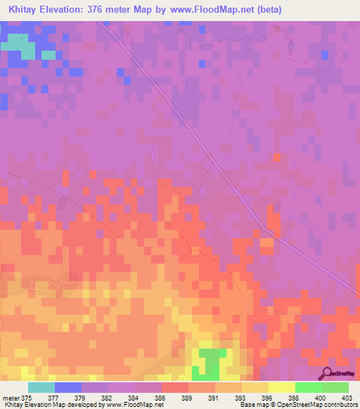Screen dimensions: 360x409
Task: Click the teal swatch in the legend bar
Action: [x=41, y=387]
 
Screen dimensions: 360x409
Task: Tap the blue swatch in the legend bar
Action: [x=68, y=387]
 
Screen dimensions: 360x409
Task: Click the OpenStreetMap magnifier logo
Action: [x=326, y=372]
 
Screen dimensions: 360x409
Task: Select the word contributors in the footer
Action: [x=337, y=405]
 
